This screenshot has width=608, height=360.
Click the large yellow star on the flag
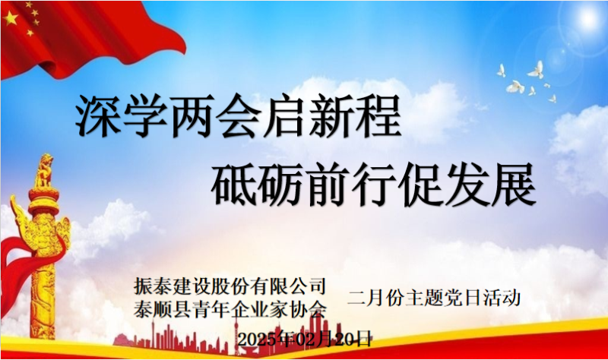coord(11,18)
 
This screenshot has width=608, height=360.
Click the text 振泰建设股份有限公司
coord(230,286)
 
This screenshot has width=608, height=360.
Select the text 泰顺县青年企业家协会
coord(230,309)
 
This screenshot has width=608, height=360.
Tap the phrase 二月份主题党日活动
coord(434,298)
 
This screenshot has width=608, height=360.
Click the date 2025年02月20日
coord(305,339)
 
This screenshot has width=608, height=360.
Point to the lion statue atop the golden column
coord(45,170)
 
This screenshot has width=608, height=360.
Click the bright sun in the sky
coord(588,17)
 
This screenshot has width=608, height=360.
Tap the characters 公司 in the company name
coord(306,286)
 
